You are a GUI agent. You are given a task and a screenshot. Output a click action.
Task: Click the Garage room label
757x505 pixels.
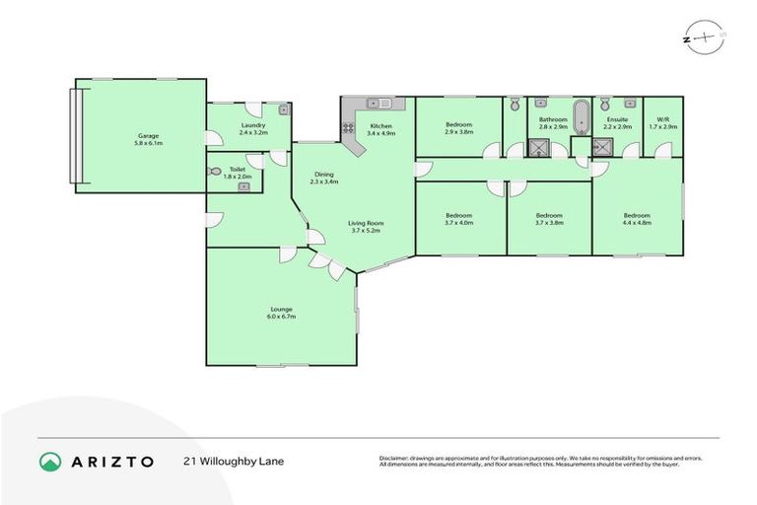click(x=148, y=135)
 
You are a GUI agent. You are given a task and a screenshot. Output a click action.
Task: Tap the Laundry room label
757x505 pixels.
click(x=252, y=124)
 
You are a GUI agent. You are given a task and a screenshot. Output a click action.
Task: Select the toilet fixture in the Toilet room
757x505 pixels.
click(x=216, y=171)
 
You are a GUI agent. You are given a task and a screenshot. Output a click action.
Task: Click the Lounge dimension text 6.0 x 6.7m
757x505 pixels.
click(x=281, y=317)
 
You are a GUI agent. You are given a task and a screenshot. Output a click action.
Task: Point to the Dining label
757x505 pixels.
click(x=323, y=174)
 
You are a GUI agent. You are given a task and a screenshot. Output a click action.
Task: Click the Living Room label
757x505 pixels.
click(x=365, y=223)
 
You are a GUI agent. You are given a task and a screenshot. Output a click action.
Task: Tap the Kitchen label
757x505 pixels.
click(x=381, y=125)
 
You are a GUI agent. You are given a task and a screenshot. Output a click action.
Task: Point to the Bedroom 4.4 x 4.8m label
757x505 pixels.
click(x=636, y=215)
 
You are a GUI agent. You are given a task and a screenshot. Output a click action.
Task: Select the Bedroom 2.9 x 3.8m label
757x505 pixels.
click(x=458, y=124)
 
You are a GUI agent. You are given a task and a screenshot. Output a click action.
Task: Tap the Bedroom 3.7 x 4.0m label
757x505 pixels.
click(x=458, y=215)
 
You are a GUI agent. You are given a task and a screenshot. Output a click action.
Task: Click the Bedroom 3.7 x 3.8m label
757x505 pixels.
click(x=548, y=215)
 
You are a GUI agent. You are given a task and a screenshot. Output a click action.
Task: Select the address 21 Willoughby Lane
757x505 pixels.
click(x=234, y=461)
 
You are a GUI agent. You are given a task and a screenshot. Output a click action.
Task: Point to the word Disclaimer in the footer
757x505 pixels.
click(x=397, y=458)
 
